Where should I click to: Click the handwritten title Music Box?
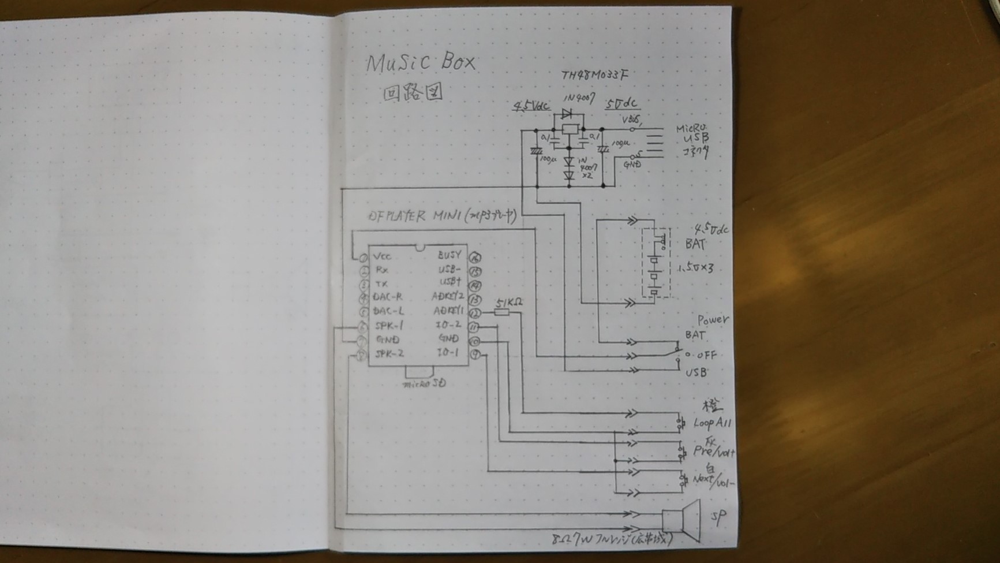click(421, 62)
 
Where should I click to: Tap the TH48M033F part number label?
click(594, 75)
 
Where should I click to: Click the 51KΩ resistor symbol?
click(502, 312)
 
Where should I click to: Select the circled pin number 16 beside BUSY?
click(475, 258)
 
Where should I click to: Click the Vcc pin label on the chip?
click(382, 256)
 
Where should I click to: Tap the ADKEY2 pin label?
click(448, 297)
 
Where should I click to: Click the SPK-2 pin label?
click(389, 353)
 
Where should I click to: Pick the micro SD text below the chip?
click(424, 383)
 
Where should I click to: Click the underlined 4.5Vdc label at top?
click(531, 106)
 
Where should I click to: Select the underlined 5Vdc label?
click(621, 104)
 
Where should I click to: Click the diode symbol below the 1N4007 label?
click(567, 114)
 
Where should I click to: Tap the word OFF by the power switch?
click(706, 355)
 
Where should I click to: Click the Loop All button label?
click(713, 423)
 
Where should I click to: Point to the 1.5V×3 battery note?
click(696, 268)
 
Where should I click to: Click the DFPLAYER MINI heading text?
click(404, 217)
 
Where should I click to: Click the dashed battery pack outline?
click(656, 263)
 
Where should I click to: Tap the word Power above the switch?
click(713, 320)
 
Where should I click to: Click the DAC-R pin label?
click(388, 297)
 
